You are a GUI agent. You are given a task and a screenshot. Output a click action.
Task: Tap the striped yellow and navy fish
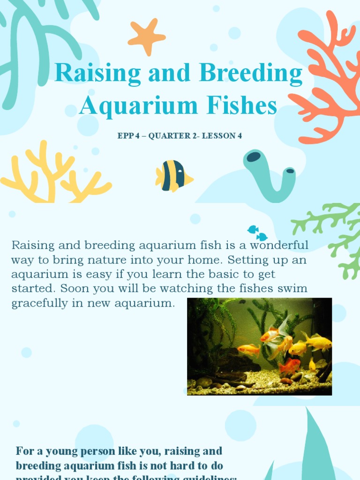(173, 176)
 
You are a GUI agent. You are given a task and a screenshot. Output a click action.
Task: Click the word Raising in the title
(97, 74)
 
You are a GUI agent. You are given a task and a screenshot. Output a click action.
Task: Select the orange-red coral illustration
(328, 80)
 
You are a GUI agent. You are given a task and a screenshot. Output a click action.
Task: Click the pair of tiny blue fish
(257, 233)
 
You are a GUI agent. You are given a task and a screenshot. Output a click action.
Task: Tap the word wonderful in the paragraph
(279, 245)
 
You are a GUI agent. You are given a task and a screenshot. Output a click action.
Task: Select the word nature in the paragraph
(122, 259)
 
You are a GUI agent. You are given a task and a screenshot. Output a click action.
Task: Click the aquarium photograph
(259, 346)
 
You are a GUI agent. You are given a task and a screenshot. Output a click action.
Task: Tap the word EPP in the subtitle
(125, 136)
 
